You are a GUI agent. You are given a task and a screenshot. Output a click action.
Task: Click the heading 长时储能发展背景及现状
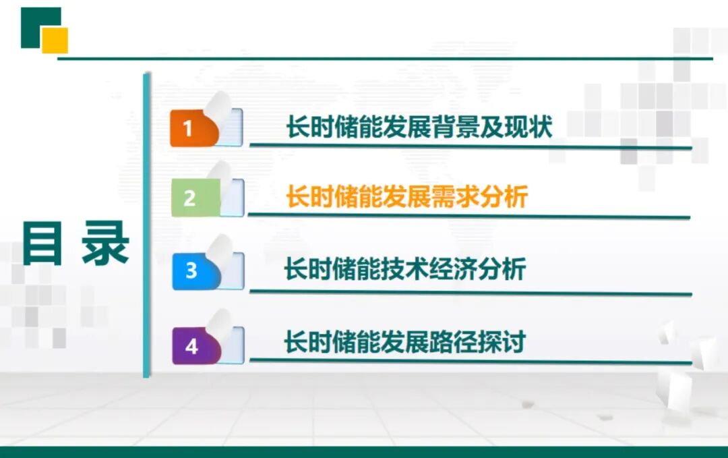pyautogui.click(x=419, y=127)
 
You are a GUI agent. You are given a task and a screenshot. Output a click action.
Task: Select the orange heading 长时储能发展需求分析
pyautogui.click(x=406, y=197)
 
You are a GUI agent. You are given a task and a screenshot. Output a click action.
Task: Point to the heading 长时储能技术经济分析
pyautogui.click(x=404, y=269)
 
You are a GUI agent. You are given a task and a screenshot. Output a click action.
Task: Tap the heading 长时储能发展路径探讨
pyautogui.click(x=404, y=342)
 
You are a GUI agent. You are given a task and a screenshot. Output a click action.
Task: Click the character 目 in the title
pyautogui.click(x=43, y=244)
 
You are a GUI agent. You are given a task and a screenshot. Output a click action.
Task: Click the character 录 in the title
pyautogui.click(x=105, y=244)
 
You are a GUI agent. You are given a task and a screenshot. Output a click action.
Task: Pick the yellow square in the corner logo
pyautogui.click(x=55, y=40)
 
